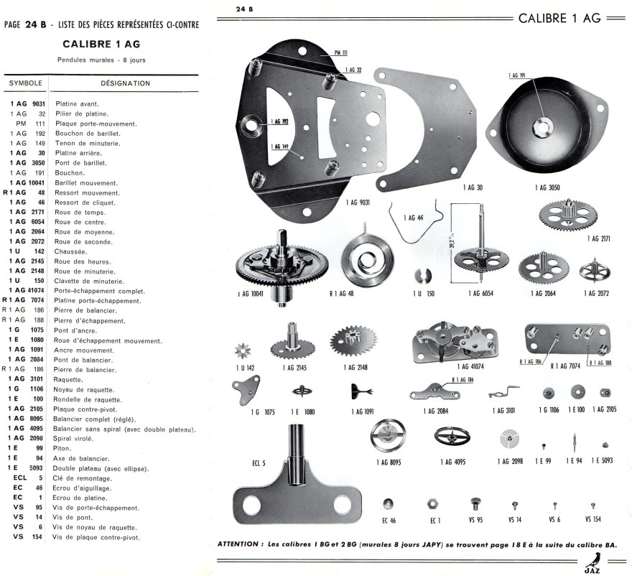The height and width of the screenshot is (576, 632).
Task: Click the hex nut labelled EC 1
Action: (x=434, y=502)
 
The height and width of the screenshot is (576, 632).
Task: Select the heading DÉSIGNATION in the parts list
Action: (x=125, y=83)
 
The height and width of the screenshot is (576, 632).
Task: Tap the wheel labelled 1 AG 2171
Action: (x=567, y=215)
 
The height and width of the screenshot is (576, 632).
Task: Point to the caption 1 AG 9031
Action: (x=358, y=203)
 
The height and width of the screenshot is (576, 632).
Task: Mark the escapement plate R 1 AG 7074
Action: (x=567, y=338)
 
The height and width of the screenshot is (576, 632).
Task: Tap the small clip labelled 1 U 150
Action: (x=421, y=275)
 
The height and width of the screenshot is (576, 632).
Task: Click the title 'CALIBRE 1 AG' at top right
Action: (x=559, y=18)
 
